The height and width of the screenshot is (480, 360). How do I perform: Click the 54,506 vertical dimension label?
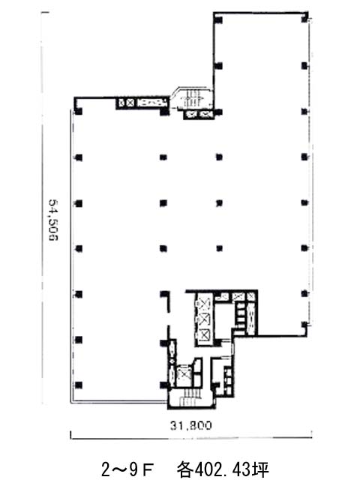click(53, 220)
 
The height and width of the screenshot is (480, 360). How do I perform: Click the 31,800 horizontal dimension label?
click(190, 426)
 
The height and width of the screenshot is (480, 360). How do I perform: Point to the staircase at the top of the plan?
click(192, 97)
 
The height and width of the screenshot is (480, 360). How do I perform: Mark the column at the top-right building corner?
click(304, 19)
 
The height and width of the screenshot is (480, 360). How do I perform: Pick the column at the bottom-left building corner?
click(79, 385)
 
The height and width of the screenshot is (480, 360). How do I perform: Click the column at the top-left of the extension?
click(218, 19)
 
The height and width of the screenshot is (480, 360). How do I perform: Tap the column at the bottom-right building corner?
click(304, 324)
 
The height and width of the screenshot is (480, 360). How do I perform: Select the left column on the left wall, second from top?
click(79, 157)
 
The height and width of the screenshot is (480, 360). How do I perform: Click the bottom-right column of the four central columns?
click(219, 248)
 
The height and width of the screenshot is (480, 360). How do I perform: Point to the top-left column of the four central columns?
click(163, 157)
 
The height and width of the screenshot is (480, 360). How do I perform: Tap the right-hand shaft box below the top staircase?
click(206, 115)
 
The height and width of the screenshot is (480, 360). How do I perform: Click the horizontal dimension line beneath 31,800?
click(191, 439)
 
